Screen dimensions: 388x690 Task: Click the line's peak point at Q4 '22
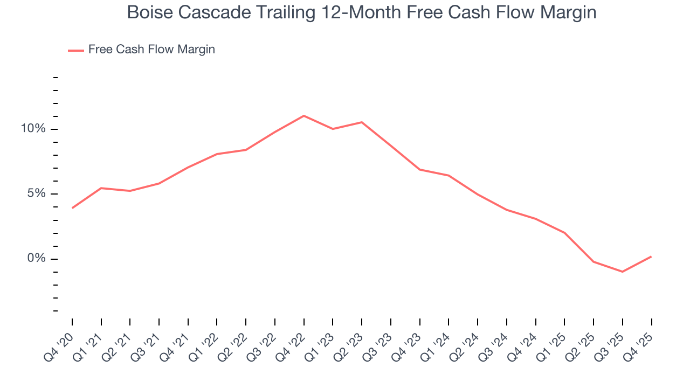(304, 116)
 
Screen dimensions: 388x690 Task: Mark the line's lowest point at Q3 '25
(623, 272)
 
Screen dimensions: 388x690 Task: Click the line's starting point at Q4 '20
(72, 208)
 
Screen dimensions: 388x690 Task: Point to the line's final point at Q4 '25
(651, 257)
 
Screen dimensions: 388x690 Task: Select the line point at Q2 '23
(362, 122)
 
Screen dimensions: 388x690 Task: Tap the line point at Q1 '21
(101, 188)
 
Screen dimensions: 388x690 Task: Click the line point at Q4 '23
(420, 170)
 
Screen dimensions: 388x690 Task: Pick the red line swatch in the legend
(76, 50)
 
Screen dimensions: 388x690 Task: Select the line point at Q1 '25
(564, 233)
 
